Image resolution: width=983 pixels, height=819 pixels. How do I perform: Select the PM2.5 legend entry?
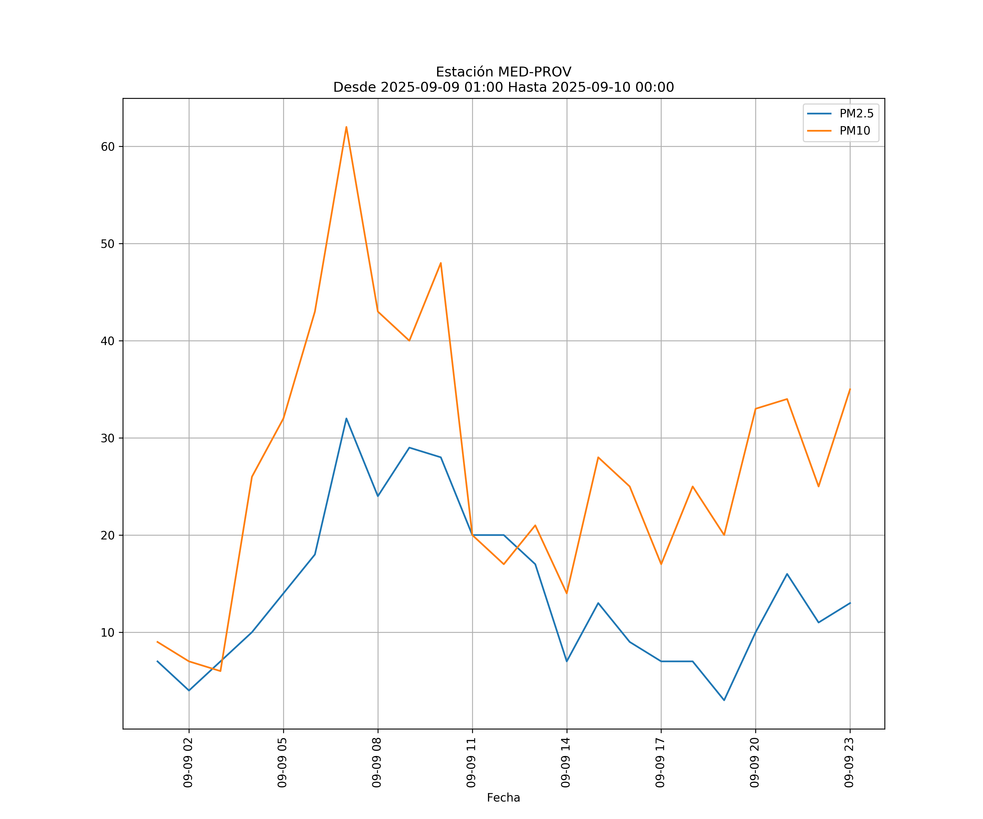856,114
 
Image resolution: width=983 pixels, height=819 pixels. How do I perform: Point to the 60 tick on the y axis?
108,147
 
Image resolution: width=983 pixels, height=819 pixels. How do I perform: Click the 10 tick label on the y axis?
108,632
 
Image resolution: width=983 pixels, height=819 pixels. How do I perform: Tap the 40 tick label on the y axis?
108,341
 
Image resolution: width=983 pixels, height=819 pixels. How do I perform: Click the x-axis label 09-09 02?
188,762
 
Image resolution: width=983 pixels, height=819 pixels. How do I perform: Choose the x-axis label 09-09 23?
849,762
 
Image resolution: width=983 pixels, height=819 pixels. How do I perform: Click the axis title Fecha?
503,798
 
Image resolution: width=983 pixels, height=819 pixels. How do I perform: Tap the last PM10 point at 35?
849,389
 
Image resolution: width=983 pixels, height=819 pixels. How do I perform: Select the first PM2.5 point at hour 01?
157,661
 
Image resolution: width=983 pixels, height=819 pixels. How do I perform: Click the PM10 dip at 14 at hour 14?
566,594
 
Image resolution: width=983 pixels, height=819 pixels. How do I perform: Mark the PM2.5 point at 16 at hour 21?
787,574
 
